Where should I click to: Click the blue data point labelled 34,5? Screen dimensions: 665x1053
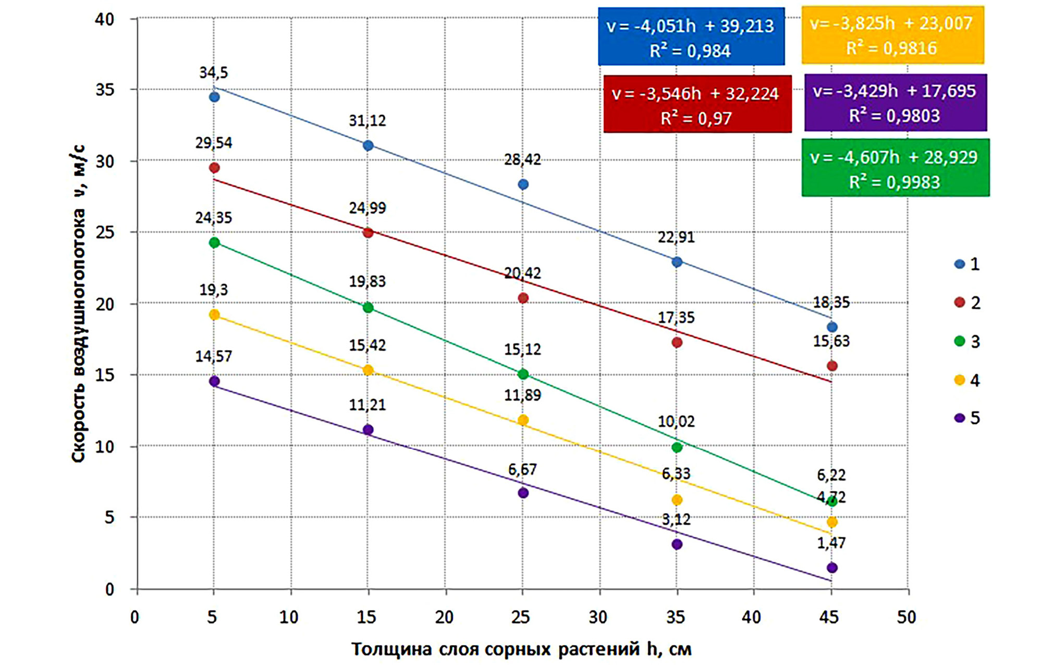tap(214, 97)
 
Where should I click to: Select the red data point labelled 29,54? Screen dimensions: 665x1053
tap(214, 168)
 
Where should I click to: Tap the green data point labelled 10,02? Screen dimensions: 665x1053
tap(677, 447)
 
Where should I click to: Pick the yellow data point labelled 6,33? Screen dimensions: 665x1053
tap(677, 500)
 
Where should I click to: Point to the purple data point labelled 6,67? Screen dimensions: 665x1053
tap(523, 493)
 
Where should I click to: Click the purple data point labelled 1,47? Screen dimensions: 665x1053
tap(832, 568)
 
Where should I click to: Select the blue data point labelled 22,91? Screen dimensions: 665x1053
tap(677, 262)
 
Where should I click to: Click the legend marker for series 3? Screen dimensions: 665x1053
tap(960, 341)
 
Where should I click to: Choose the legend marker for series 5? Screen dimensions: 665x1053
tap(960, 418)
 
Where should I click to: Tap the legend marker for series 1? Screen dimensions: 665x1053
tap(960, 264)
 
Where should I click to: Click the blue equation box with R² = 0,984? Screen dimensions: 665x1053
tap(691, 36)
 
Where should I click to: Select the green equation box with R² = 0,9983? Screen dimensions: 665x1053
tap(895, 168)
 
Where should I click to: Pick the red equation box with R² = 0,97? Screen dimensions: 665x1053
tap(697, 104)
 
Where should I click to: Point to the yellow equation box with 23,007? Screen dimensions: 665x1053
tap(892, 35)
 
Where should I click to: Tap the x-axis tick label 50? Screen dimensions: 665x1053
tap(907, 617)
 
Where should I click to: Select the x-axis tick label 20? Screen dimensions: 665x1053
tap(444, 617)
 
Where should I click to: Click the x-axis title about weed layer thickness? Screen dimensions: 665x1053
tap(521, 649)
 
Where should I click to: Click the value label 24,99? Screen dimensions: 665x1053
tap(368, 208)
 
